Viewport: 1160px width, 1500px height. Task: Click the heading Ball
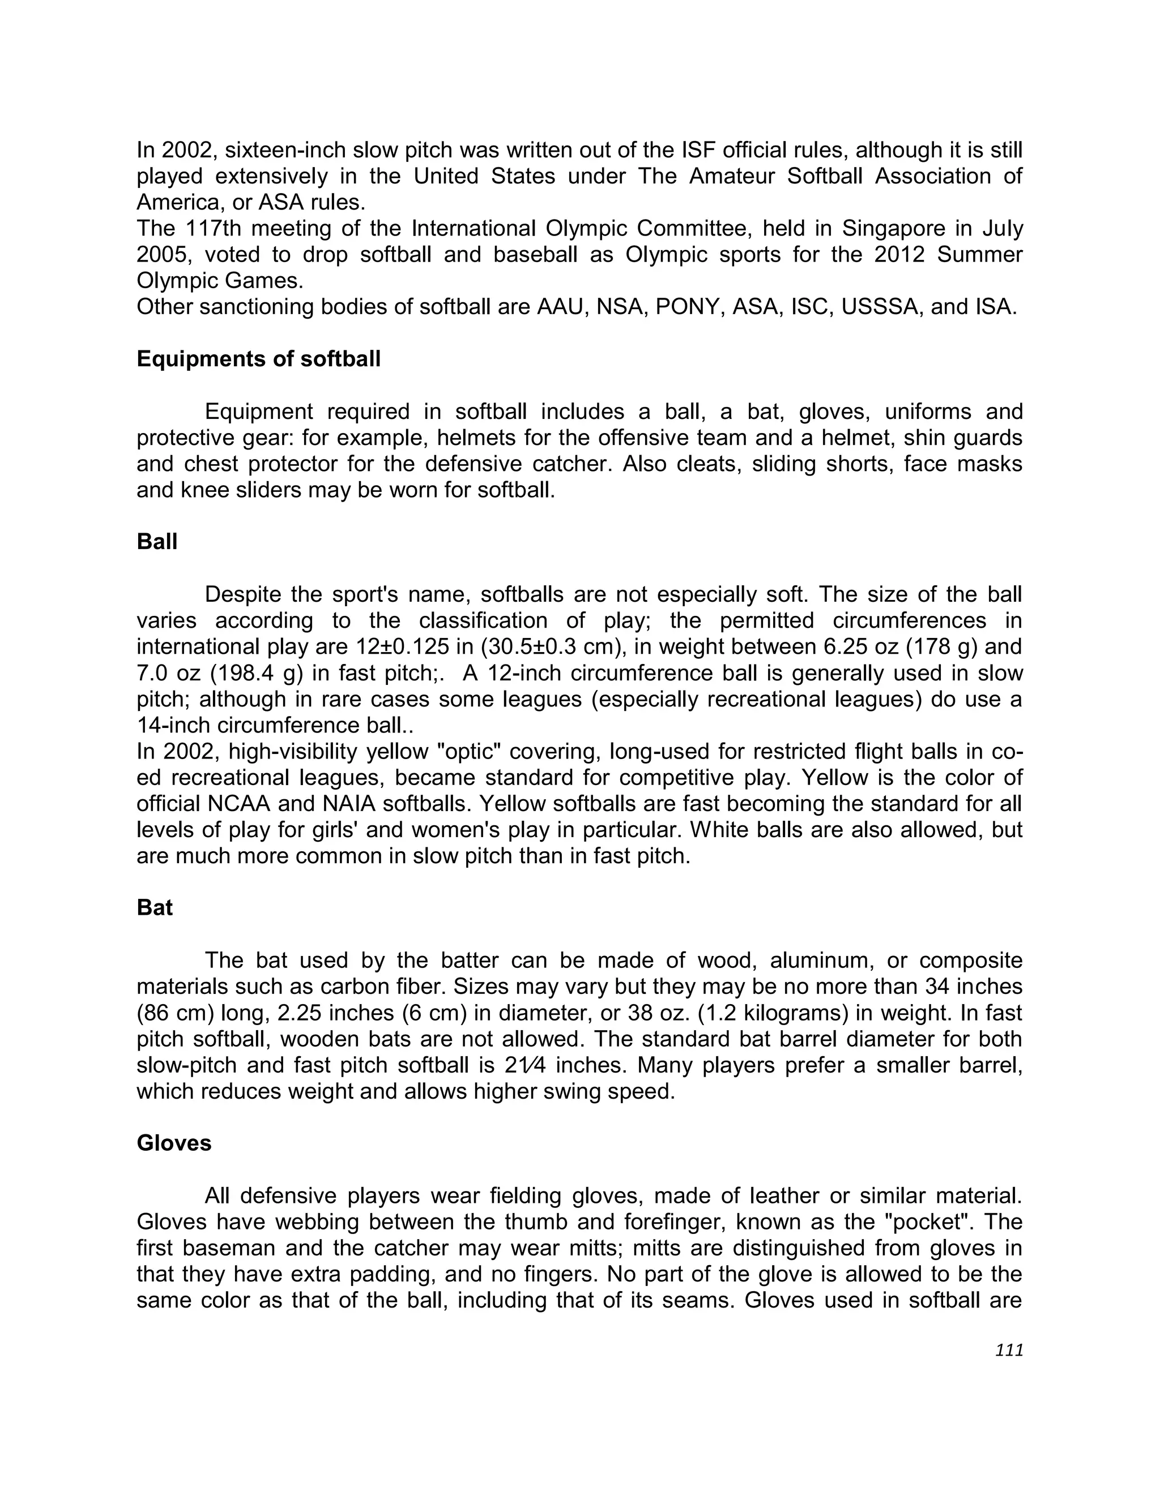pos(157,541)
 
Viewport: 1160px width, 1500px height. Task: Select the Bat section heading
pos(155,907)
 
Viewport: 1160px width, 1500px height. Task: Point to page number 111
pos(1009,1350)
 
